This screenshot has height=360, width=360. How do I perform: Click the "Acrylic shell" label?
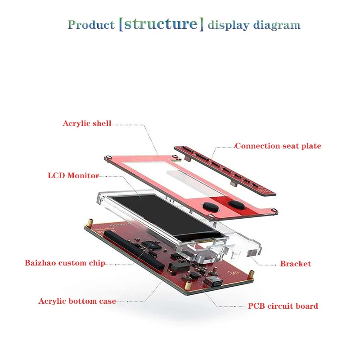point(87,123)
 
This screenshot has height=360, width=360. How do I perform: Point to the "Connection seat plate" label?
point(278,146)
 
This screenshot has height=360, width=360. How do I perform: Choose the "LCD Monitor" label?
point(73,175)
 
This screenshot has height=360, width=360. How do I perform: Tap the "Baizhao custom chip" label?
point(65,263)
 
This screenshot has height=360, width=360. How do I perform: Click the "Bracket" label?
point(295,264)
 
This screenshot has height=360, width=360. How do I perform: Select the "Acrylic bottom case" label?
point(77,301)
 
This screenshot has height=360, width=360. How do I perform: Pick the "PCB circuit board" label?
point(283,306)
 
